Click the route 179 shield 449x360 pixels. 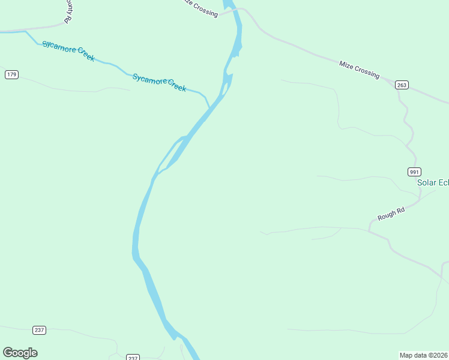(11, 74)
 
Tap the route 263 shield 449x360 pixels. (402, 85)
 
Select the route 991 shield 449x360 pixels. (414, 171)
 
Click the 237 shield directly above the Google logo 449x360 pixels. (38, 330)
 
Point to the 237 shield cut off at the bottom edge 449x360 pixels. (133, 358)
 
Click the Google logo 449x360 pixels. (20, 353)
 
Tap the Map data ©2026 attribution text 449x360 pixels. (424, 355)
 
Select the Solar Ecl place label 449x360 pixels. (433, 182)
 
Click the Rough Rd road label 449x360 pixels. (391, 212)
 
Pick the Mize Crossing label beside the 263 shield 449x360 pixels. (359, 69)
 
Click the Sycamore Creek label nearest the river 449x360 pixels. (159, 82)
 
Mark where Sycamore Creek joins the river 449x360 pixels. (210, 108)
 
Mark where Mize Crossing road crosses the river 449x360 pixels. (236, 10)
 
